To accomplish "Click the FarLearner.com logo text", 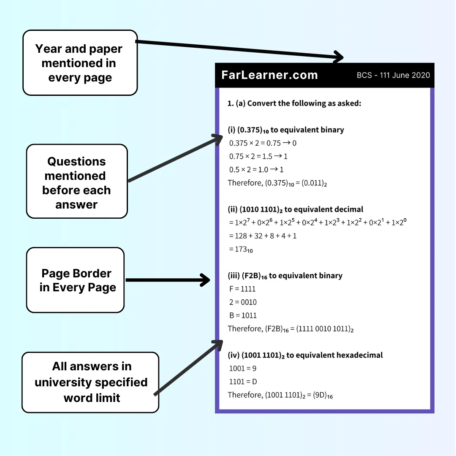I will pos(269,75).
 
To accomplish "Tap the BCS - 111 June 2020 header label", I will pos(393,76).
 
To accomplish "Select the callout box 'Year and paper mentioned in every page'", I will pos(80,63).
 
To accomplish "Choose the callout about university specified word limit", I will pos(91,382).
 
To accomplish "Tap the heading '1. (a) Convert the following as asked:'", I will pos(294,103).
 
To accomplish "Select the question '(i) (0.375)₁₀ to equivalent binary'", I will pos(286,130).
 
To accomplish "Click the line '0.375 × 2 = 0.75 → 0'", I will pos(263,143).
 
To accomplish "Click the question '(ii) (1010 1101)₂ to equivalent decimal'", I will pos(296,209).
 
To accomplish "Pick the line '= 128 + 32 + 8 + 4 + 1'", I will pos(263,236).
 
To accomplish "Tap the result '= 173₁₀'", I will pos(241,250).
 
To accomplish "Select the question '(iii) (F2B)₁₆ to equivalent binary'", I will pos(285,276).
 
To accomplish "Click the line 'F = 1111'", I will pos(242,289).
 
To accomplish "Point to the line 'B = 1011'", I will pos(243,315).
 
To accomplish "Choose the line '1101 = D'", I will pos(243,382).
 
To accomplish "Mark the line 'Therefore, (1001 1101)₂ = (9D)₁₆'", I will pos(280,395).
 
